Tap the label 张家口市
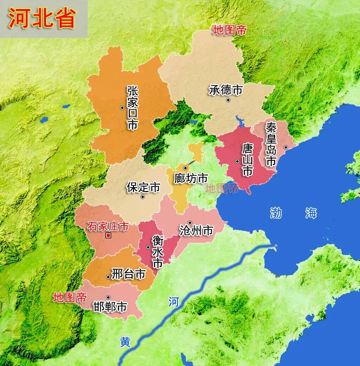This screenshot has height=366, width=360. tap(133, 109)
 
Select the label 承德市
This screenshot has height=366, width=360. tap(226, 90)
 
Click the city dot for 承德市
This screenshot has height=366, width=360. tap(228, 100)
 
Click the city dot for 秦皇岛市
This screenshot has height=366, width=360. tap(286, 148)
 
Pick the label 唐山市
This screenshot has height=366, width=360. tap(247, 161)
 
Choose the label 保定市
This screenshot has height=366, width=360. tap(143, 188)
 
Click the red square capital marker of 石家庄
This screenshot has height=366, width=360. tap(108, 236)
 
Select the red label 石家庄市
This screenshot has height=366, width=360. tap(108, 226)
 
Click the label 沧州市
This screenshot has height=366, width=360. tap(196, 231)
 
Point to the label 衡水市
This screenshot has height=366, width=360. tap(158, 252)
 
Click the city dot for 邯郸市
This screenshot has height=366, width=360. tap(108, 297)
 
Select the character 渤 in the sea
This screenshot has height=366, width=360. tap(276, 213)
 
